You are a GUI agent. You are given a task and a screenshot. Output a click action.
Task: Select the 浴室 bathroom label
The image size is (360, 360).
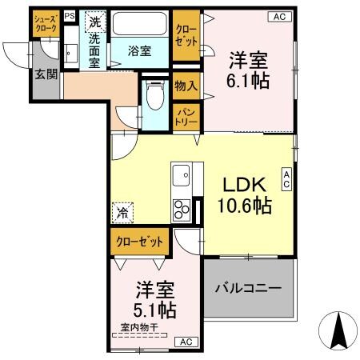[x=140, y=51]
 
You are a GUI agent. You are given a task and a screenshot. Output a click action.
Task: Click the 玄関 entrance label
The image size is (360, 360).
[x=45, y=75]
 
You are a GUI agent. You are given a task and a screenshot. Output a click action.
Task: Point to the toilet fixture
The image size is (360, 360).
[x=155, y=96]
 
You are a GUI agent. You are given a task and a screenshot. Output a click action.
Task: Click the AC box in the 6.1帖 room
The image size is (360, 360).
[x=279, y=15]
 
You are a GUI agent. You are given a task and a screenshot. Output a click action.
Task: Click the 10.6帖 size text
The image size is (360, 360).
[x=244, y=206]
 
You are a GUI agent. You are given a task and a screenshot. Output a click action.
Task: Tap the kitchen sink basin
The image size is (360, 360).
[x=180, y=174]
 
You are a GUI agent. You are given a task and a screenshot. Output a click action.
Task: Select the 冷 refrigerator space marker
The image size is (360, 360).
[x=123, y=213]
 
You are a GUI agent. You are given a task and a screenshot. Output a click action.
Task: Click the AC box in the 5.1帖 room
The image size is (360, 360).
[x=185, y=342]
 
